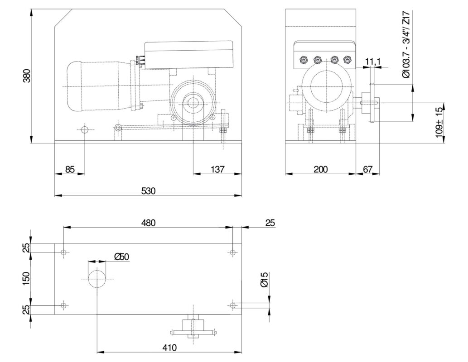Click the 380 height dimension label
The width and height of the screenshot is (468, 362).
point(27,76)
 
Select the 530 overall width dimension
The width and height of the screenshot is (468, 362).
point(148,191)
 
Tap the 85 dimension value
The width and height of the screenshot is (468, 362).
point(70,169)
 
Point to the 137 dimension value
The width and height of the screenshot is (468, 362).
point(217,169)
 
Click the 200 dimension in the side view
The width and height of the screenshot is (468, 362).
point(321,169)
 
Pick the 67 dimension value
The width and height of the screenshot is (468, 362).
point(368,169)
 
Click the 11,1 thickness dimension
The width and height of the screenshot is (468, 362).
point(373,62)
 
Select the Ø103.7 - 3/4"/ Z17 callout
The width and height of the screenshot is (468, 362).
point(406,44)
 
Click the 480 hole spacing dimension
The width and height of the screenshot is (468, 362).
point(148,223)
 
